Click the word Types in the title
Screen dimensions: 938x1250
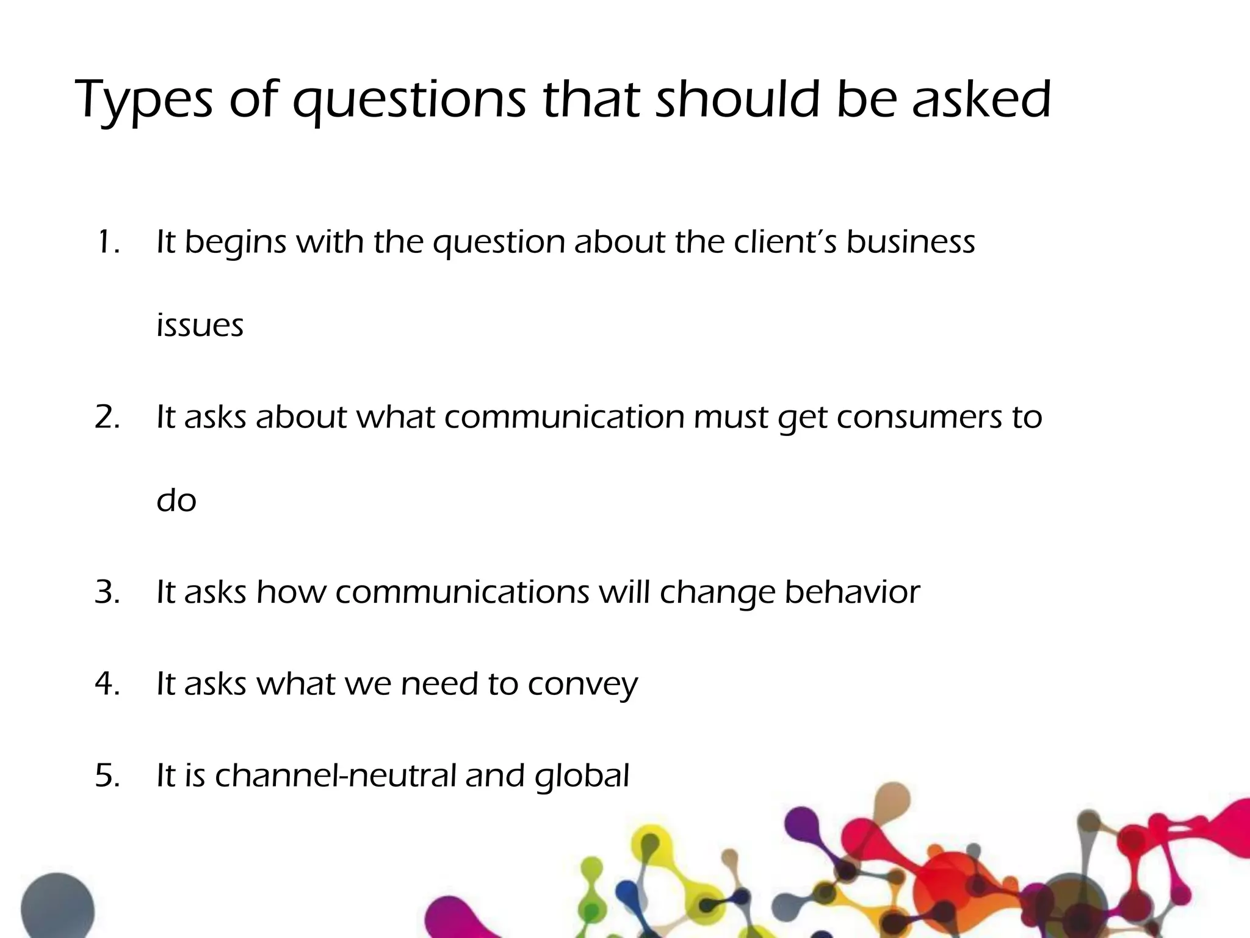[144, 101]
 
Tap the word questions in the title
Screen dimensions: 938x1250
[408, 101]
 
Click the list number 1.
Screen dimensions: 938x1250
[107, 242]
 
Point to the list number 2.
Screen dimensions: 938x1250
[107, 418]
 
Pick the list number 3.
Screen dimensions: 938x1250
[107, 592]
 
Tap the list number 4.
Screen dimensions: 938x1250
[107, 684]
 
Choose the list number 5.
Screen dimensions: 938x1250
[107, 776]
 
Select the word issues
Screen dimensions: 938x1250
[200, 325]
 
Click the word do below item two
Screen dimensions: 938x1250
[176, 501]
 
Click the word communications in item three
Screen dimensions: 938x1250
[462, 592]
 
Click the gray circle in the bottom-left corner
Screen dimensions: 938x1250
[57, 907]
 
